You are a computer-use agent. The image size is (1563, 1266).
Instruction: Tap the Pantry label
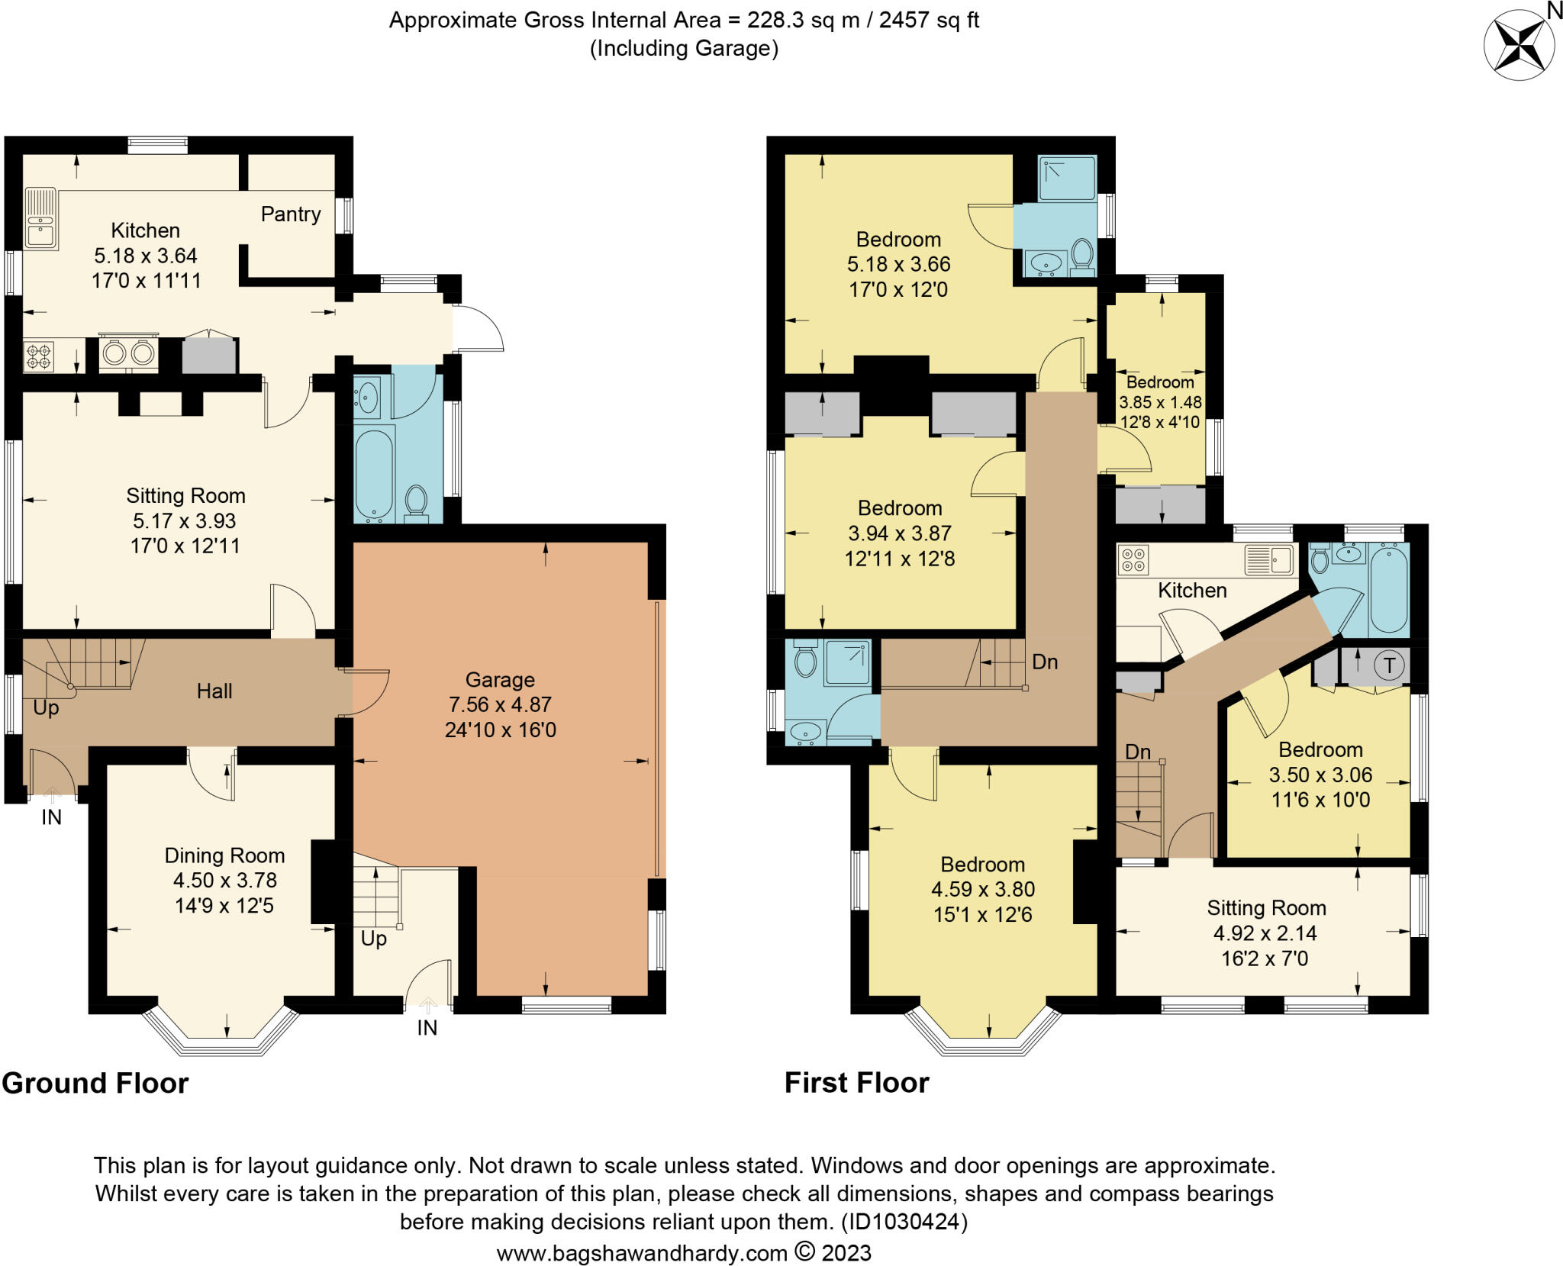click(291, 214)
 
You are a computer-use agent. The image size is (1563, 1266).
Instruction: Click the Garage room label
click(500, 680)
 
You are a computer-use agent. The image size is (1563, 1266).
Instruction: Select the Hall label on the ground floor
click(214, 691)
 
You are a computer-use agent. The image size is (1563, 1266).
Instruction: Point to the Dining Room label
click(224, 855)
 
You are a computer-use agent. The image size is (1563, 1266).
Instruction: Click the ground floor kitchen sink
click(41, 218)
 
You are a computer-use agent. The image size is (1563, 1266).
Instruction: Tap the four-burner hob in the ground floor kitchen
click(38, 356)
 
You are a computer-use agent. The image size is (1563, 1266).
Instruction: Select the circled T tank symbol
click(1389, 665)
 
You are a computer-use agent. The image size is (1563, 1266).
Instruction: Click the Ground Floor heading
click(95, 1084)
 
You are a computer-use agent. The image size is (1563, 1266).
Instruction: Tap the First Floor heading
click(857, 1083)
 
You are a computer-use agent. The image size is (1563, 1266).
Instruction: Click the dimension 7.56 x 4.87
click(500, 704)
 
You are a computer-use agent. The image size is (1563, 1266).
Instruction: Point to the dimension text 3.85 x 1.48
click(1160, 402)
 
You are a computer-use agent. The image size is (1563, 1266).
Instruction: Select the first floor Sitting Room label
click(1267, 908)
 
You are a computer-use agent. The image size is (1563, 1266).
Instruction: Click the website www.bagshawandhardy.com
click(642, 1253)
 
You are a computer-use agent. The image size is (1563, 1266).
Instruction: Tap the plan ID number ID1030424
click(904, 1222)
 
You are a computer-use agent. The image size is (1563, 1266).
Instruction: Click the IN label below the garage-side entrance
click(427, 1028)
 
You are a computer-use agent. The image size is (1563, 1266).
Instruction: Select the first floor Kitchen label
click(1192, 591)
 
